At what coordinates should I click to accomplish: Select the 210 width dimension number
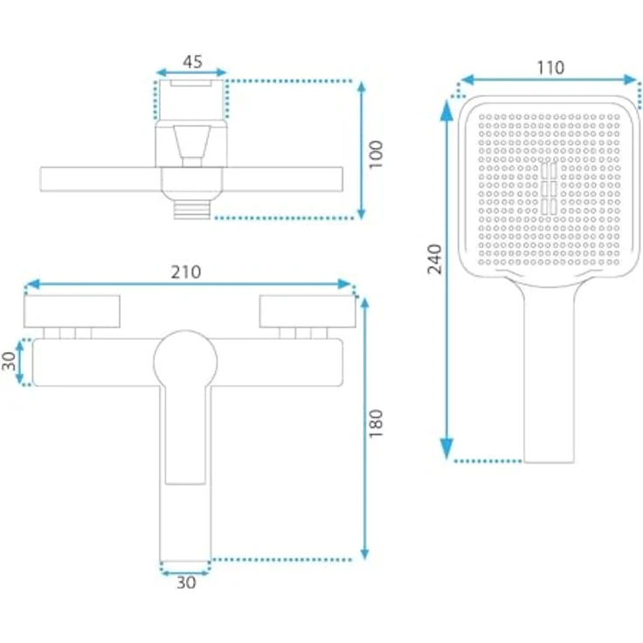pos(187,272)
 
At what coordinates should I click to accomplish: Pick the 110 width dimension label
pos(550,67)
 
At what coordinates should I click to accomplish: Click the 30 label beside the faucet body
pos(11,362)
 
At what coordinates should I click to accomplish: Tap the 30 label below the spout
pos(186,583)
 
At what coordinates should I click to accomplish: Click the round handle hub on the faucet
pos(184,361)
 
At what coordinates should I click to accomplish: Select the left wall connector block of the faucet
pos(72,310)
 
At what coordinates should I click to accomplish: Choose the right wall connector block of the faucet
pos(306,310)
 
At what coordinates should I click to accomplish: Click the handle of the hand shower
pos(550,376)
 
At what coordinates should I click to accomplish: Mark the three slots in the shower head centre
pos(550,188)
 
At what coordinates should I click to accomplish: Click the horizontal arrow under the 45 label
pos(191,73)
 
